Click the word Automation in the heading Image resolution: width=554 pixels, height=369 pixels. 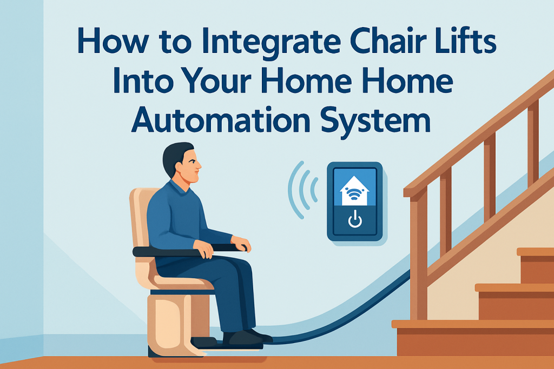[x=221, y=119]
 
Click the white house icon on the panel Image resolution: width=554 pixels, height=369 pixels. [x=354, y=191]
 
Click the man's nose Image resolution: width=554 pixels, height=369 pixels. [x=199, y=165]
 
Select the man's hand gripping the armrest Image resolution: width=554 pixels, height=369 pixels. [x=203, y=249]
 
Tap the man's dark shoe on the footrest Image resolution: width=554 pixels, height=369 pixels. [x=247, y=337]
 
